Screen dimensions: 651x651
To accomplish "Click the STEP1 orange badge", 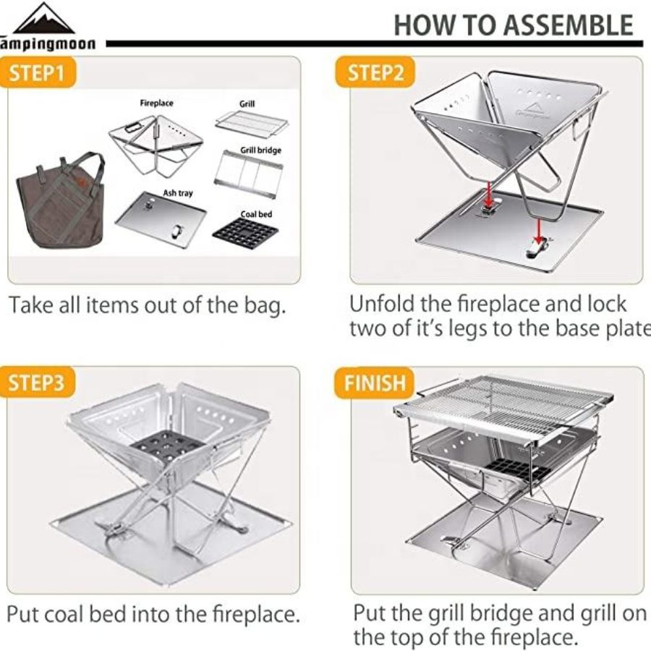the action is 38,72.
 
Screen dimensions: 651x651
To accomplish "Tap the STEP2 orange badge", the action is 375,72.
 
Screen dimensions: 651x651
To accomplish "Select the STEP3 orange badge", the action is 38,383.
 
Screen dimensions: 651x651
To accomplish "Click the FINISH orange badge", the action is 375,383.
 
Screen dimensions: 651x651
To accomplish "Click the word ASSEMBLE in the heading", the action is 568,25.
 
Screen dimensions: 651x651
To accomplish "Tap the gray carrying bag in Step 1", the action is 61,200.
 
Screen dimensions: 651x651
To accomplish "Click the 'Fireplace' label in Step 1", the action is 156,103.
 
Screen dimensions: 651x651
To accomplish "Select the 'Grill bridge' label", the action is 260,150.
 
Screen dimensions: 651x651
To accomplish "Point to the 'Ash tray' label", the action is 178,193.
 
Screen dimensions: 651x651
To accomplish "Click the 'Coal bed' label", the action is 256,214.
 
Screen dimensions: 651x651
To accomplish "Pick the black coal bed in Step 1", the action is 245,234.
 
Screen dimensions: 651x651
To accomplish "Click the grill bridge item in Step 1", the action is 248,173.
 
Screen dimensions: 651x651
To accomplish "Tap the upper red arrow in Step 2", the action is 489,193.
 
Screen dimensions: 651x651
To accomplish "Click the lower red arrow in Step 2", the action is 538,231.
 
